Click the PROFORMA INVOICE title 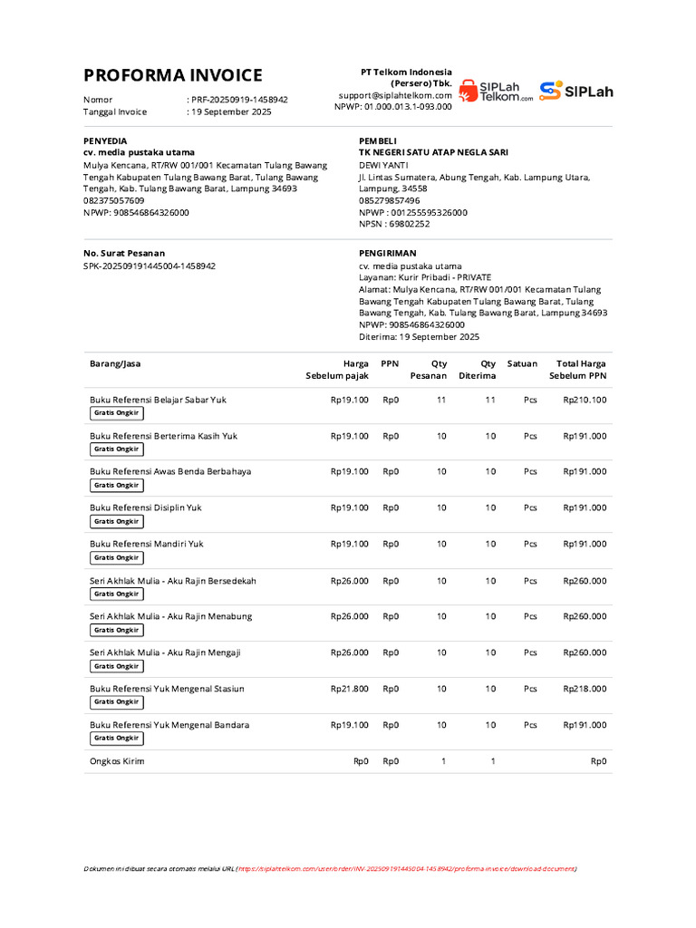[x=173, y=75]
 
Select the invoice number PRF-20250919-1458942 [x=240, y=100]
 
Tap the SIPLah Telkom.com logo [x=496, y=90]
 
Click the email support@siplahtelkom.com [x=395, y=94]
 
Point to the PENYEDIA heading [x=105, y=140]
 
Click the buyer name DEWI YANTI [x=383, y=165]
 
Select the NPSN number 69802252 [x=409, y=224]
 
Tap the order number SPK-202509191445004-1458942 [x=150, y=266]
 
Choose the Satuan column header [x=522, y=363]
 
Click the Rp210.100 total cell [x=585, y=400]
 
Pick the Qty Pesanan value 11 [x=441, y=400]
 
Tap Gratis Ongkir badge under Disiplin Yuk [x=116, y=521]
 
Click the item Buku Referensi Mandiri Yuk [x=146, y=544]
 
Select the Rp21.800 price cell [x=349, y=689]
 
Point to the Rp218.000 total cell [x=585, y=689]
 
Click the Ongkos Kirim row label [x=117, y=761]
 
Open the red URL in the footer [x=406, y=868]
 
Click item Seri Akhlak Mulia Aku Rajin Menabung [x=170, y=616]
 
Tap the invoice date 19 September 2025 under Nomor [x=231, y=112]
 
